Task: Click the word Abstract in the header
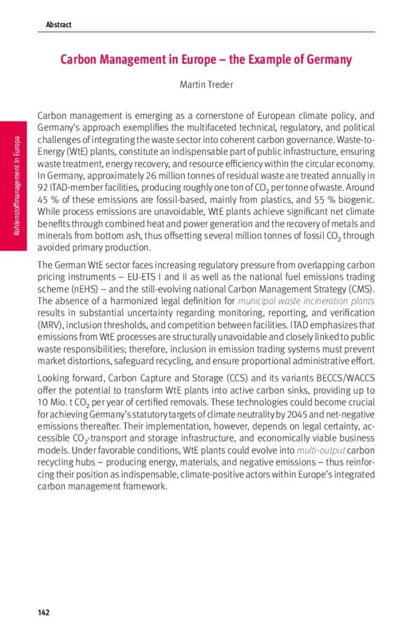pyautogui.click(x=58, y=25)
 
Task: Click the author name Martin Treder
pyautogui.click(x=206, y=84)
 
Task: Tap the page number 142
pyautogui.click(x=43, y=613)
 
